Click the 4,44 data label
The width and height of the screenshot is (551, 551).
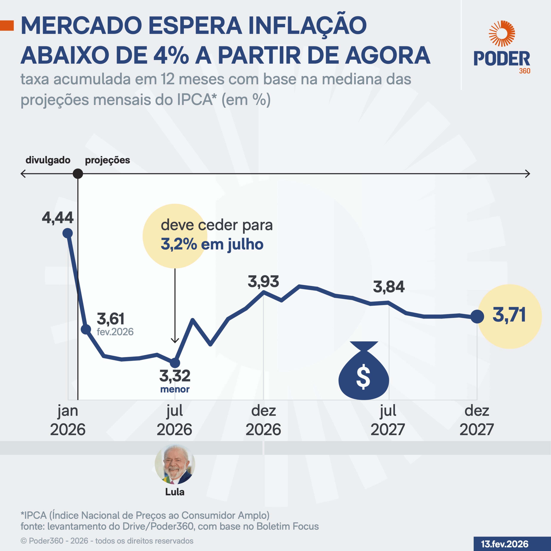coord(58,218)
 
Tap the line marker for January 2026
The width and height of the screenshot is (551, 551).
coord(68,233)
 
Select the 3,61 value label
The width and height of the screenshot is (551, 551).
coord(111,319)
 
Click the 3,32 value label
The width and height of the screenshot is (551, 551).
coord(175,376)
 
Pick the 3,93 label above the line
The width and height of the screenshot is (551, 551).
coord(263,282)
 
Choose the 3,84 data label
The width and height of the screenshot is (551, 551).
coord(389,287)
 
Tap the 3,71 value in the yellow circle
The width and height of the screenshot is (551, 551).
coord(509,315)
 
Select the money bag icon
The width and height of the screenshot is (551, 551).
coord(364,371)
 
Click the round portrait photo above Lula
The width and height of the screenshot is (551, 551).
coord(175,464)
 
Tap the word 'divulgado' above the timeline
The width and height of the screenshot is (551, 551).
coord(48,160)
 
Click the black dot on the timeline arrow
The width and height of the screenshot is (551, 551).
coord(78,173)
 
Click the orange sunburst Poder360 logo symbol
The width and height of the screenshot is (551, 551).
coord(502,33)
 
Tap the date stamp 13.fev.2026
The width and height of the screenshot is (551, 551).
coord(505,544)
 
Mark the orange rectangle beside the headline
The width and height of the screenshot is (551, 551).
coord(7,26)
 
